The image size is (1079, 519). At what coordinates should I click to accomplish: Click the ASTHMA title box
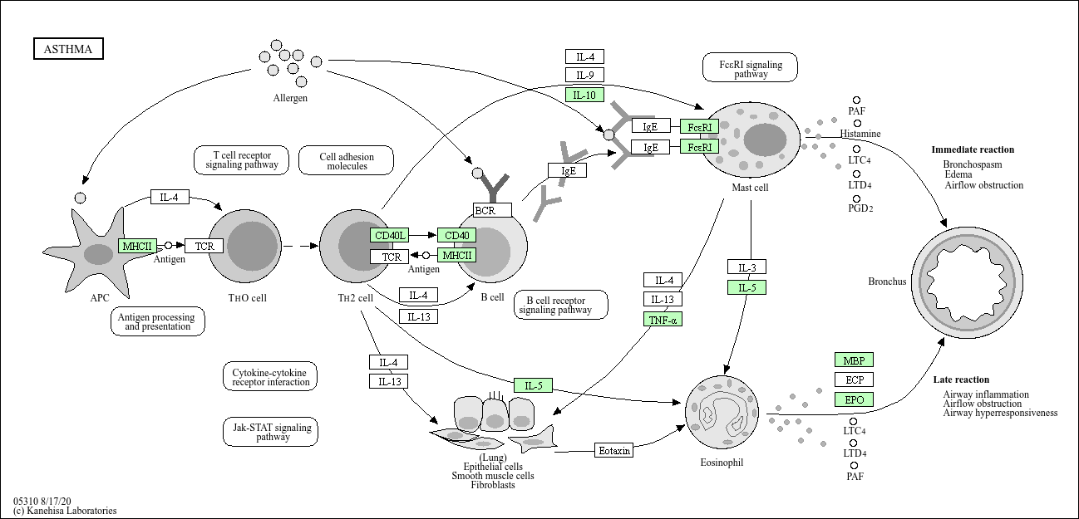(x=68, y=49)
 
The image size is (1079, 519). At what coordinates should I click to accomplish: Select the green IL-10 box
(x=584, y=95)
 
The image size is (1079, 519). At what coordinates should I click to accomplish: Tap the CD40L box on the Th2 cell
(x=389, y=235)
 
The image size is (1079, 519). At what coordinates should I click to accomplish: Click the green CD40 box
(x=456, y=235)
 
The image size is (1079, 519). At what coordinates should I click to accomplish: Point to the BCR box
(x=492, y=210)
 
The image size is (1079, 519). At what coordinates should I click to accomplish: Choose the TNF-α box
(x=663, y=319)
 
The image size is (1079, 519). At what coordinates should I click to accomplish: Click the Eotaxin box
(x=614, y=450)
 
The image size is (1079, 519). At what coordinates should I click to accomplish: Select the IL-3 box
(x=746, y=267)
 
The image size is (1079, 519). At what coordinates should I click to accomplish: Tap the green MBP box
(x=854, y=360)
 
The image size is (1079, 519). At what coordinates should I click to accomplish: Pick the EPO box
(x=854, y=399)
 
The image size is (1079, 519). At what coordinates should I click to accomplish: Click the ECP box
(x=854, y=379)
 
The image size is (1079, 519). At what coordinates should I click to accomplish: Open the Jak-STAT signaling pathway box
(x=270, y=432)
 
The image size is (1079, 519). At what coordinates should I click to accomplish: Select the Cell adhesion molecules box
(x=346, y=160)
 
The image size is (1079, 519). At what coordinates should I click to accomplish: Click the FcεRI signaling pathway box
(x=750, y=67)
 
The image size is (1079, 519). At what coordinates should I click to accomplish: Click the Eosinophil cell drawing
(x=722, y=412)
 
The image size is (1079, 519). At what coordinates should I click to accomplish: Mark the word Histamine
(x=860, y=133)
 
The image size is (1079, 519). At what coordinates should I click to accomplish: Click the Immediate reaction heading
(x=973, y=149)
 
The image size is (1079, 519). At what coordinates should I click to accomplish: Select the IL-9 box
(x=584, y=75)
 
